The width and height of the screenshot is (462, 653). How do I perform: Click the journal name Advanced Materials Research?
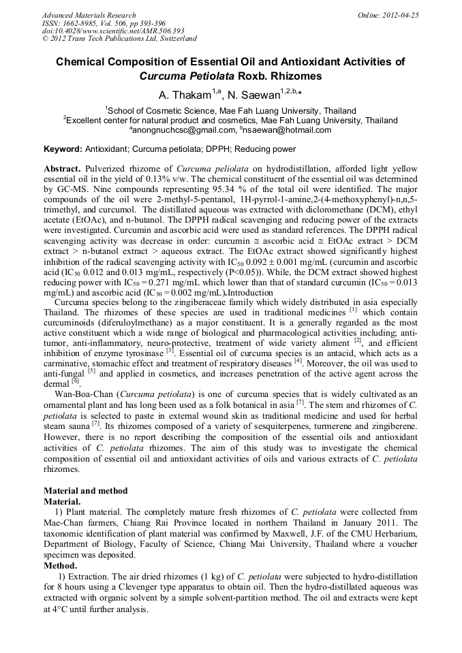pos(89,15)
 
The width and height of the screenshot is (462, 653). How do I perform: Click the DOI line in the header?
pos(113,31)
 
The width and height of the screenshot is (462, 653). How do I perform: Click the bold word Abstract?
pos(63,168)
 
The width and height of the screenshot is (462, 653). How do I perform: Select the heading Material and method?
pos(85,490)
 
